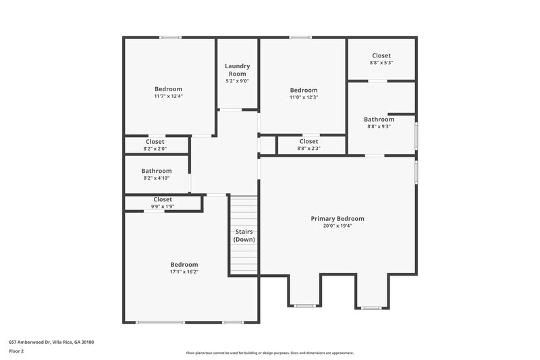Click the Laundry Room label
click(238, 70)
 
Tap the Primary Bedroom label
click(337, 219)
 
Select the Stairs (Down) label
click(244, 236)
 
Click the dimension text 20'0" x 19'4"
click(337, 226)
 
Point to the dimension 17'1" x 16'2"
click(184, 272)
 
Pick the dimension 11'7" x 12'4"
click(168, 96)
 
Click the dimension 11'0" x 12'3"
click(304, 97)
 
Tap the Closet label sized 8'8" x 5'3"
click(381, 55)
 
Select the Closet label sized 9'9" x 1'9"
click(163, 199)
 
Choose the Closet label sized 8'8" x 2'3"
click(308, 141)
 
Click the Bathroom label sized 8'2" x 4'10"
click(156, 171)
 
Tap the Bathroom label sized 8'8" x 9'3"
click(379, 120)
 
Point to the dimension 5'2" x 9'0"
click(238, 81)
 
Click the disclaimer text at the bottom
click(269, 353)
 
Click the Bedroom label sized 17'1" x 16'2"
click(184, 264)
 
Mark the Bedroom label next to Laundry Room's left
click(168, 88)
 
